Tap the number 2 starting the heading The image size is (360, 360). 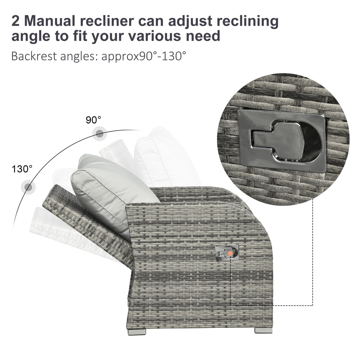point(16,21)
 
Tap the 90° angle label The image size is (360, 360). point(94,120)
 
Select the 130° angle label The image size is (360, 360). point(22,169)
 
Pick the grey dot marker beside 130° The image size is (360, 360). point(28,187)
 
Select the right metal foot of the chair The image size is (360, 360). point(263,330)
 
